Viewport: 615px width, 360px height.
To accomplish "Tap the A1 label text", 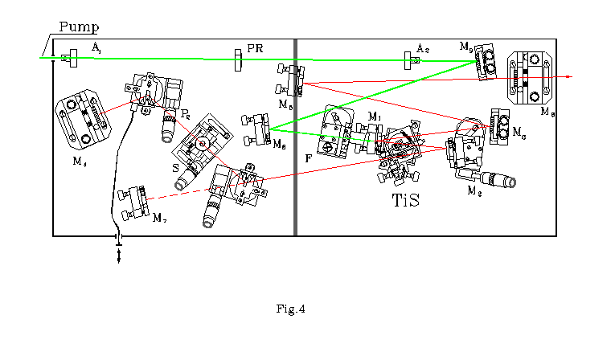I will coord(96,49).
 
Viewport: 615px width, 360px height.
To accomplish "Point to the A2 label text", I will coord(423,49).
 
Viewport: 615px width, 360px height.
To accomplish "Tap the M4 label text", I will coord(79,162).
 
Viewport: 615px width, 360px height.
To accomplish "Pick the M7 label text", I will coord(159,219).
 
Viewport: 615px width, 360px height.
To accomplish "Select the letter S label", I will coord(175,168).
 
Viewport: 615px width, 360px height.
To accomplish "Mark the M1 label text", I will coord(373,117).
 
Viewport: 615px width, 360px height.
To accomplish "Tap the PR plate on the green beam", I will coord(237,59).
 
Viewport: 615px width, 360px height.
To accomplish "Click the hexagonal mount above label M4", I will coord(80,121).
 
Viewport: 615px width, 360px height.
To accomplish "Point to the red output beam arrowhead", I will coord(568,76).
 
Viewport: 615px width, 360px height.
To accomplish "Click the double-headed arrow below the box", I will coord(119,255).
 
